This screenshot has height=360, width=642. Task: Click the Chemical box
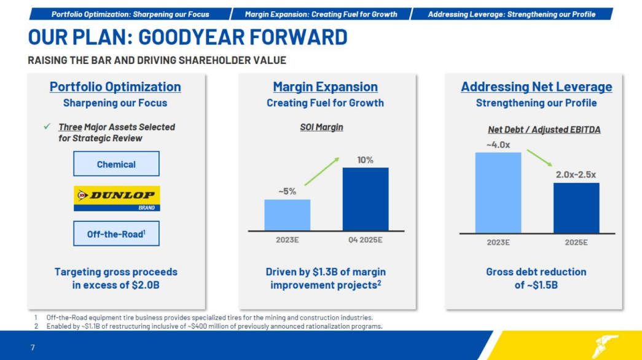116,164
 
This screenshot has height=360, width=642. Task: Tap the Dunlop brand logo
117,198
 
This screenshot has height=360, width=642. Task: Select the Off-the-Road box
116,234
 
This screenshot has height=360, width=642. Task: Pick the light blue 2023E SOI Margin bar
287,214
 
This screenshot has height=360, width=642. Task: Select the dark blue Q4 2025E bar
365,199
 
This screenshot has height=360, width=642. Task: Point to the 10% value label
365,160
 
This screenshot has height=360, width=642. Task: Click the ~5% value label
287,191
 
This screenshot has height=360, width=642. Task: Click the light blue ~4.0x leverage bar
498,192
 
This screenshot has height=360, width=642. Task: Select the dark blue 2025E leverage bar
576,208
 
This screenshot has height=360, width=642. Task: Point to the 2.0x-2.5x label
576,174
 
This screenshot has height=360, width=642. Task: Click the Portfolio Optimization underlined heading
115,87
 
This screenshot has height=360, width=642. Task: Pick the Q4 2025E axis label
365,240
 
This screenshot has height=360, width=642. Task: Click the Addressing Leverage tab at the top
511,14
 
